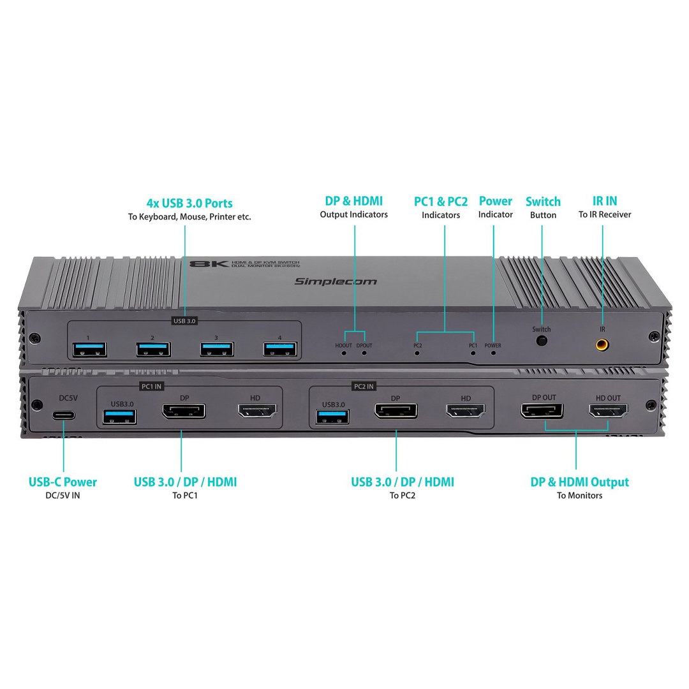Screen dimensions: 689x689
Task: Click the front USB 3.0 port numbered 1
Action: click(x=90, y=350)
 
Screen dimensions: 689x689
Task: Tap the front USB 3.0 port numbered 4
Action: click(x=280, y=350)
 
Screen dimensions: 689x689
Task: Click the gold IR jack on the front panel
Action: click(x=602, y=344)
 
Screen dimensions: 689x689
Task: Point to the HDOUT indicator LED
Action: click(x=344, y=353)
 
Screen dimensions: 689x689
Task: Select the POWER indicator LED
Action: click(x=493, y=353)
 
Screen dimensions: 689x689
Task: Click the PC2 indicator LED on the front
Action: click(x=417, y=353)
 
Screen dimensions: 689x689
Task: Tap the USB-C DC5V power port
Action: click(x=64, y=415)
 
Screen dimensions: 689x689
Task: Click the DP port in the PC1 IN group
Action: click(x=184, y=411)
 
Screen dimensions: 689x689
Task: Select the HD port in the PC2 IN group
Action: click(x=466, y=411)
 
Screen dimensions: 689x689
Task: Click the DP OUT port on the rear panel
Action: click(x=542, y=410)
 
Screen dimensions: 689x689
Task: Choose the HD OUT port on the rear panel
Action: click(x=609, y=410)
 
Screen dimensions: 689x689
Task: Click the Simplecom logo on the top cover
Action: click(x=336, y=281)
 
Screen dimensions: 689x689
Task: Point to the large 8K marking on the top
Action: click(x=209, y=263)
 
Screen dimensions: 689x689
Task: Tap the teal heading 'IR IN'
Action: click(x=605, y=201)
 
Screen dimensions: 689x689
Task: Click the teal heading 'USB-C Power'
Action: click(x=63, y=482)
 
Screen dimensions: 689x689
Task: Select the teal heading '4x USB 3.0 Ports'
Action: click(x=189, y=203)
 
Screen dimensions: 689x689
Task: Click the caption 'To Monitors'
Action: click(x=579, y=496)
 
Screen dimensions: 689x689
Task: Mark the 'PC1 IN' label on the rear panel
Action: click(x=152, y=386)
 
